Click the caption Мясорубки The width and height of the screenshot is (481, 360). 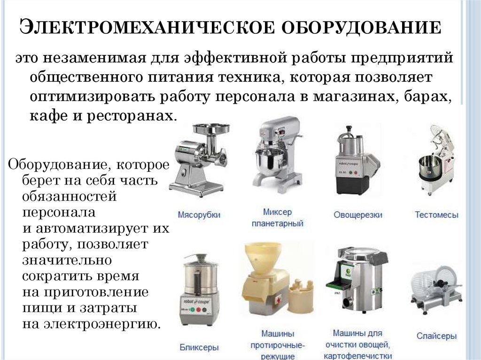click(x=199, y=214)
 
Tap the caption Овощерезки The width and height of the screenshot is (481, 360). click(x=358, y=214)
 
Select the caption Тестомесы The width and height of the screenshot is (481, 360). click(x=436, y=214)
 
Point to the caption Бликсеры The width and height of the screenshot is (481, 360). click(x=199, y=347)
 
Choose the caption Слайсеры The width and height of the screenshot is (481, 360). click(x=436, y=336)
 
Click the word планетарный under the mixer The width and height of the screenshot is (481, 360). click(x=277, y=223)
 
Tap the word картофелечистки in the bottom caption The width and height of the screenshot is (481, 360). click(x=357, y=356)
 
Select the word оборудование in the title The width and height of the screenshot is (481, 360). click(x=361, y=28)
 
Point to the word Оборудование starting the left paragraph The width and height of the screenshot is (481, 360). click(x=57, y=165)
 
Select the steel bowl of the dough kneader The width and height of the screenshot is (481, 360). click(x=429, y=167)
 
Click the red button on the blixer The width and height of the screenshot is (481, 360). click(x=198, y=310)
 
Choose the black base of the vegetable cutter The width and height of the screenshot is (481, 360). click(x=353, y=184)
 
